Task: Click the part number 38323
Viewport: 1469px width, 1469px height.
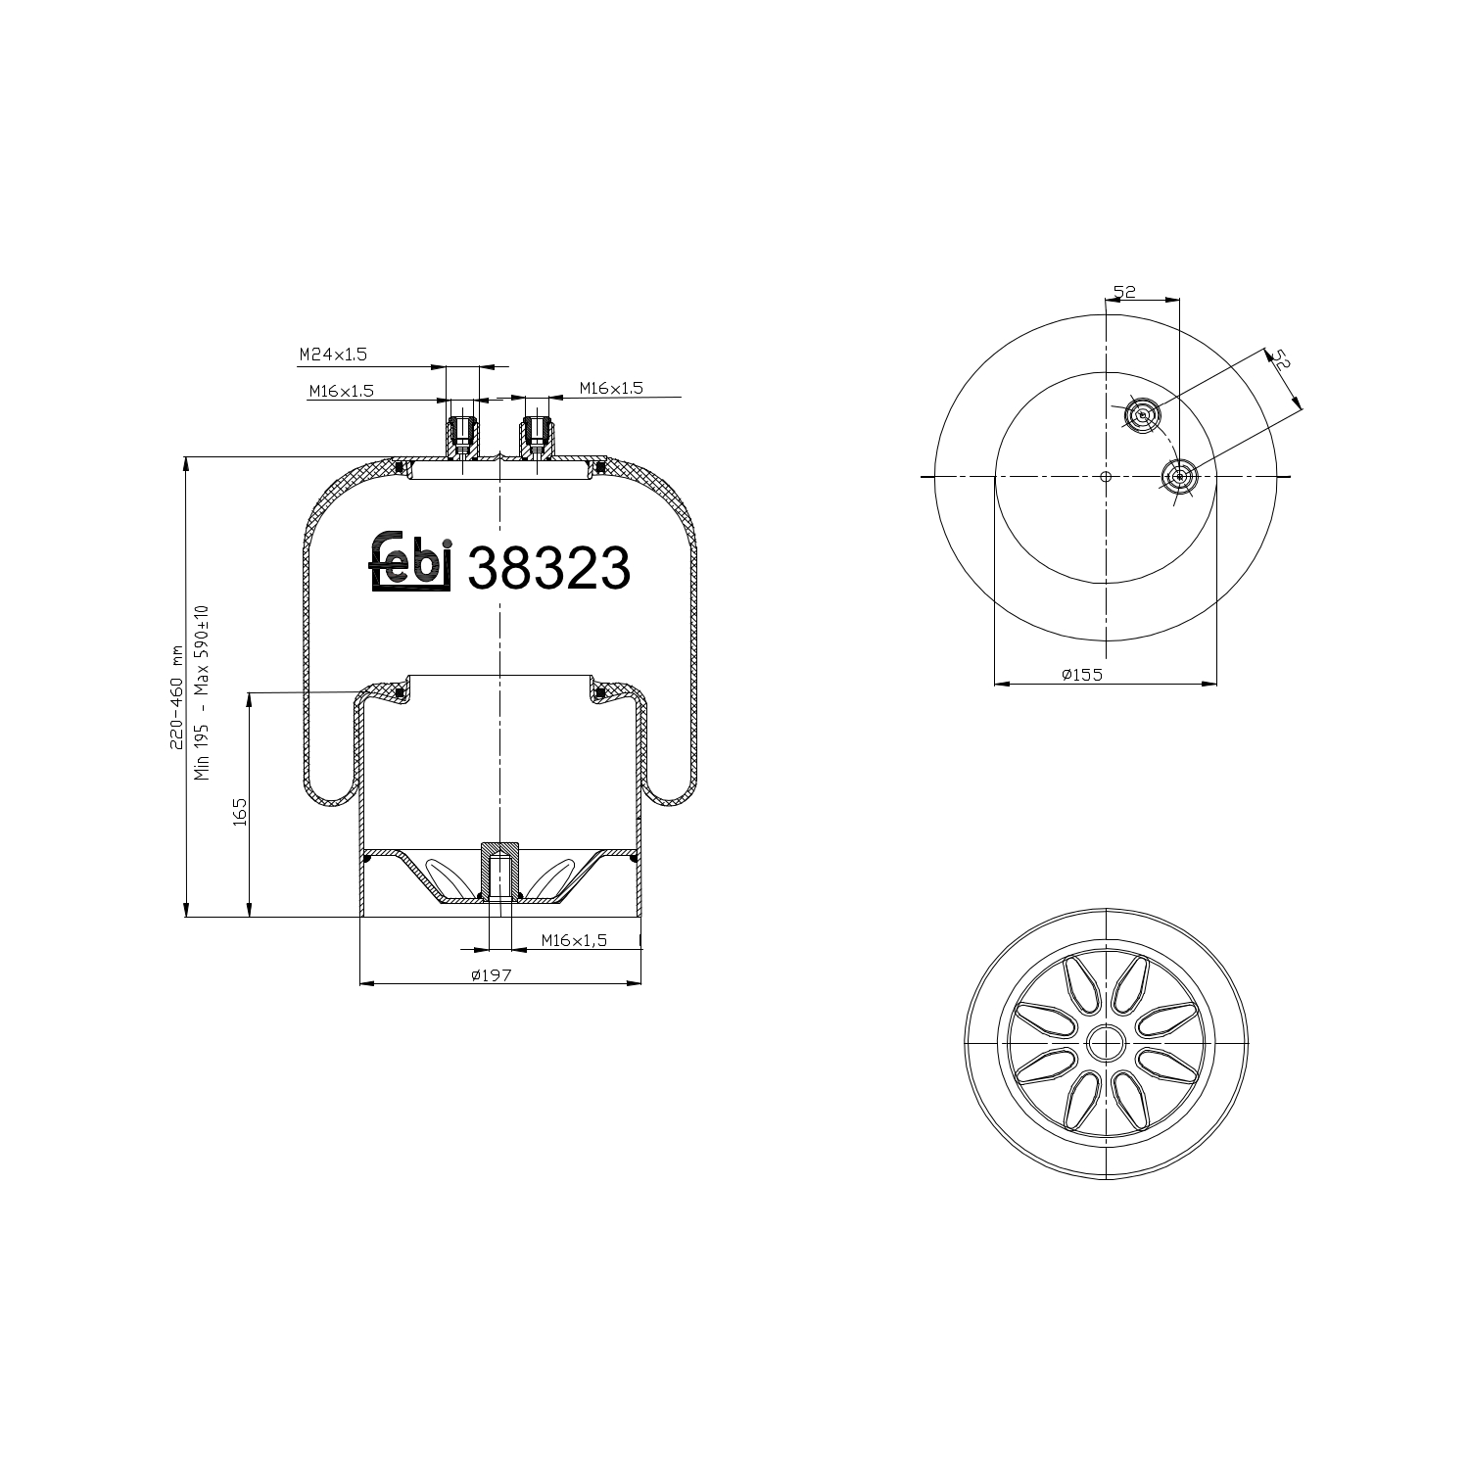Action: (x=548, y=568)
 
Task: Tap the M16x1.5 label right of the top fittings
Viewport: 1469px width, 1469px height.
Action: (x=610, y=389)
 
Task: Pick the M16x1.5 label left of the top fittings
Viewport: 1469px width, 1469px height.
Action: (x=342, y=392)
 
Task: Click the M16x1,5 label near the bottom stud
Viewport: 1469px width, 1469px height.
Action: (x=574, y=940)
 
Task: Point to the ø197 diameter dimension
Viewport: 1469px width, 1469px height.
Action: (x=492, y=974)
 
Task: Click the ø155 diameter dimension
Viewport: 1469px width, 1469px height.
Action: (x=1081, y=675)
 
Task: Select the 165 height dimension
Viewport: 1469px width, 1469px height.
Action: (x=240, y=814)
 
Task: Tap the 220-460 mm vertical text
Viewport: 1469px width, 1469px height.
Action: (x=177, y=697)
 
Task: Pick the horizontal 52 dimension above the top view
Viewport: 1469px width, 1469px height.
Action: (x=1123, y=292)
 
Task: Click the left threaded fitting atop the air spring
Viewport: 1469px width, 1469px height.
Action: (x=462, y=438)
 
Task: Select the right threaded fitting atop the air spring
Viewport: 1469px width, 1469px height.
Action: (x=535, y=438)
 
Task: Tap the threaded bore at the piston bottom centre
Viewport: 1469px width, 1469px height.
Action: (x=499, y=877)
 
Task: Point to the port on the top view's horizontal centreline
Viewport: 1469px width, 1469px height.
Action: (x=1179, y=477)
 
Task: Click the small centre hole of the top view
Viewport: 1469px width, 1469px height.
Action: (x=1105, y=477)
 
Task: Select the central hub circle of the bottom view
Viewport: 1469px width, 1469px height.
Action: (x=1107, y=1042)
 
